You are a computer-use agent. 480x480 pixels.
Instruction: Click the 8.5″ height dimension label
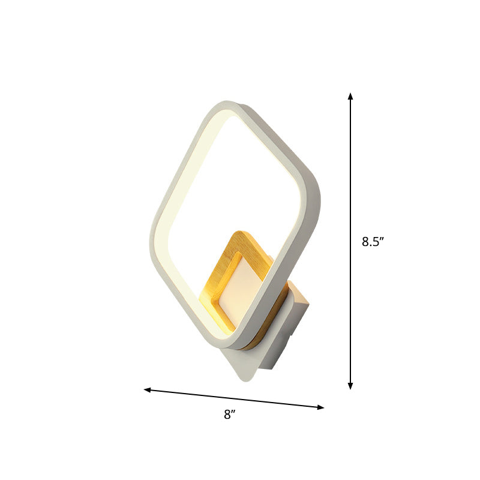[x=372, y=242]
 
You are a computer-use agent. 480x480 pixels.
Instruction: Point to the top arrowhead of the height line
[x=350, y=95]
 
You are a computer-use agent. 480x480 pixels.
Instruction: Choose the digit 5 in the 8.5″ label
[x=376, y=242]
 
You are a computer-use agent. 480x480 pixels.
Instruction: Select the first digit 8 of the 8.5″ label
[x=365, y=242]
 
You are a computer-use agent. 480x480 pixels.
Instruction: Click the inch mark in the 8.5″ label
[x=382, y=239]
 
